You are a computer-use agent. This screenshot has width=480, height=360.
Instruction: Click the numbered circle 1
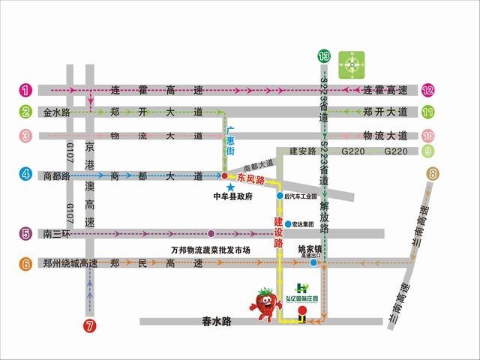point(25,90)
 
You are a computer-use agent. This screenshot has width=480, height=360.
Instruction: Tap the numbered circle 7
point(90,325)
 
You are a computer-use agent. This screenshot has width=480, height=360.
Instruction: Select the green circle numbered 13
point(323,56)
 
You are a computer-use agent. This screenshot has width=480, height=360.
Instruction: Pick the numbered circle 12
point(428,90)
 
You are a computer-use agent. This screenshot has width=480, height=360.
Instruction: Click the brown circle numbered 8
point(433,174)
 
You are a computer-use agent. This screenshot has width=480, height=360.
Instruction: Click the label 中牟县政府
point(233,198)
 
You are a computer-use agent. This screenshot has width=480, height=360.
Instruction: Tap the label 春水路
point(218,321)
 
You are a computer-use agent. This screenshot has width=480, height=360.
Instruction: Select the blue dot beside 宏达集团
point(287,223)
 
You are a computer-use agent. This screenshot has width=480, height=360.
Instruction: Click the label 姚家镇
point(310,248)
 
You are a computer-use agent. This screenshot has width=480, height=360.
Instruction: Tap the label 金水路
point(55,113)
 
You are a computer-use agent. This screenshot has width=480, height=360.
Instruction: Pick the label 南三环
point(55,233)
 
